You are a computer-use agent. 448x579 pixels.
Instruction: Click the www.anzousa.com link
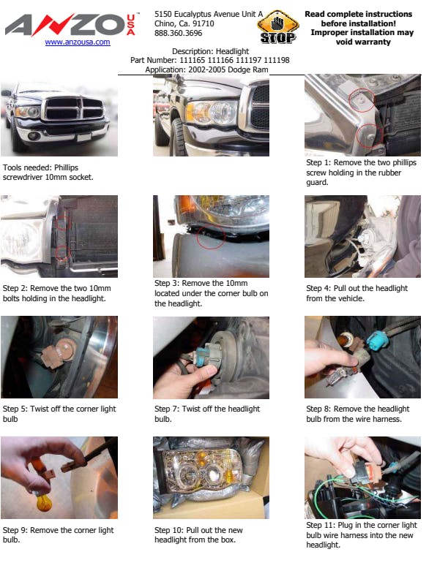(x=78, y=42)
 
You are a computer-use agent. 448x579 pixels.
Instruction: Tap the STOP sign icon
(x=278, y=27)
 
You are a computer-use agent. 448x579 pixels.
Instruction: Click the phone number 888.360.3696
(x=178, y=33)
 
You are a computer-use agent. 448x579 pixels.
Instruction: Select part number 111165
(x=193, y=60)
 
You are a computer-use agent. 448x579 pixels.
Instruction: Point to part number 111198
(x=277, y=60)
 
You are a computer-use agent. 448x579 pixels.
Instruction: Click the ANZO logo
(x=70, y=25)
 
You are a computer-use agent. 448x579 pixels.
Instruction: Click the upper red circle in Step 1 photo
(x=362, y=100)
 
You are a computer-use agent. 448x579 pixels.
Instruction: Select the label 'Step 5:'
(x=15, y=409)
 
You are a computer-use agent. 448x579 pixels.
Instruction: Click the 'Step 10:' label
(x=169, y=530)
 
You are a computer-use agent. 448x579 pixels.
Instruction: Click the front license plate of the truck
(x=83, y=137)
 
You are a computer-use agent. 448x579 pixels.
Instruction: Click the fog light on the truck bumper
(x=34, y=135)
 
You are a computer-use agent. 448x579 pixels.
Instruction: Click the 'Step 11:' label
(x=321, y=525)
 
